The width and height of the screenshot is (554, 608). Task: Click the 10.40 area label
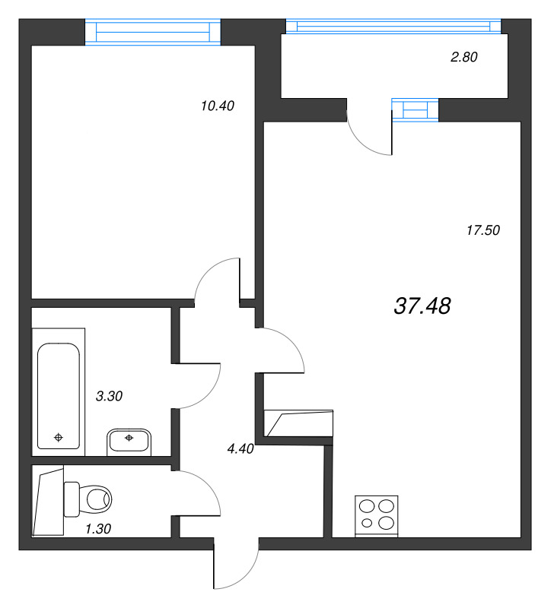click(x=218, y=106)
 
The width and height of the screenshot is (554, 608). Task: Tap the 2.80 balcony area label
click(x=464, y=57)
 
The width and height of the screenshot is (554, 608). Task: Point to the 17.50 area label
click(x=483, y=230)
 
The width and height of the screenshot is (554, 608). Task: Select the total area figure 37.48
click(x=422, y=306)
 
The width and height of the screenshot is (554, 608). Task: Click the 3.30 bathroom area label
click(x=109, y=396)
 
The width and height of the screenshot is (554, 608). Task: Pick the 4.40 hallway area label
click(x=240, y=448)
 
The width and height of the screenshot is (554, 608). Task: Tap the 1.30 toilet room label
click(x=98, y=528)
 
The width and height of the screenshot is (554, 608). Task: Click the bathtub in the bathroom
click(x=59, y=392)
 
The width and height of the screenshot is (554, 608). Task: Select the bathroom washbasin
click(x=129, y=442)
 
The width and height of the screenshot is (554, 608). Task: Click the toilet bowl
click(x=88, y=499)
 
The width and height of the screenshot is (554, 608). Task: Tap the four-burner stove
click(x=377, y=516)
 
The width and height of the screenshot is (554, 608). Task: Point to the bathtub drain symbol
click(x=59, y=438)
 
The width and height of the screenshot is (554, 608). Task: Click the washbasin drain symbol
click(x=129, y=438)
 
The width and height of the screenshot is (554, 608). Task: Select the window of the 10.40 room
click(x=153, y=32)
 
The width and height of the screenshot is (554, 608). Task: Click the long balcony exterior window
click(x=393, y=26)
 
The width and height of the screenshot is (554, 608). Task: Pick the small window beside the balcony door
click(x=415, y=109)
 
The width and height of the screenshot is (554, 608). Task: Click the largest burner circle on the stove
click(x=387, y=523)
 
